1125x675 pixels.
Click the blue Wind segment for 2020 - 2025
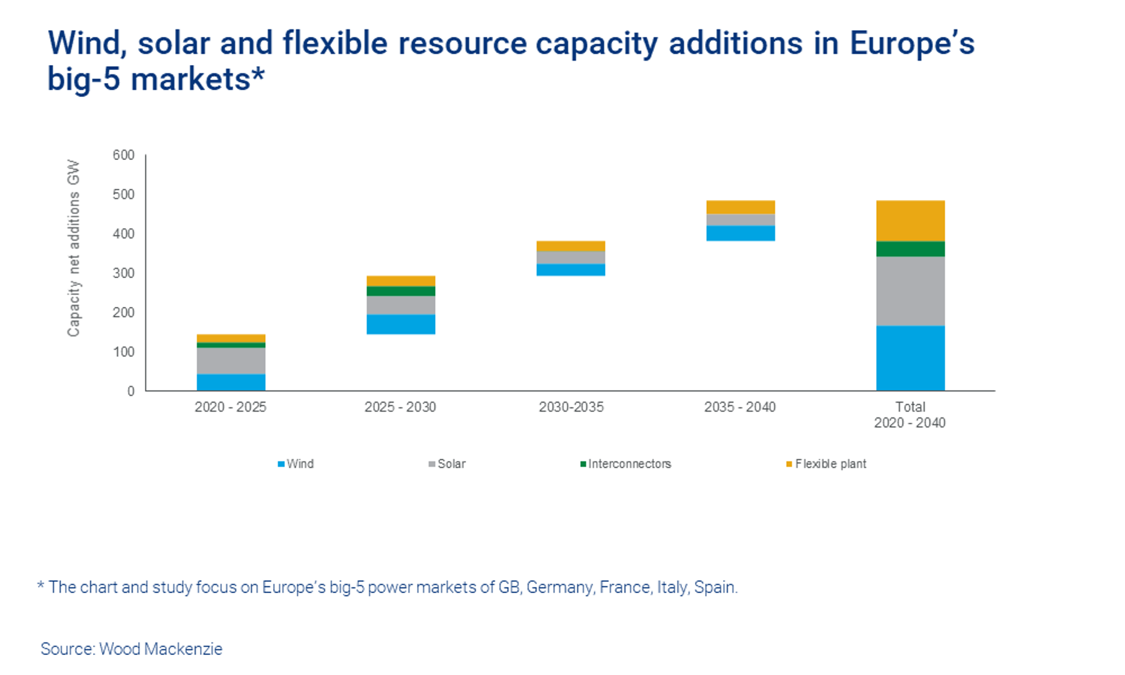click(x=231, y=382)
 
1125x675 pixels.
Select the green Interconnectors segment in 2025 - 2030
click(x=401, y=291)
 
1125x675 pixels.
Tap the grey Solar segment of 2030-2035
click(x=571, y=257)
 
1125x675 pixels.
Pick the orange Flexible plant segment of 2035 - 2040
click(x=740, y=207)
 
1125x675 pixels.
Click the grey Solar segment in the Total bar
click(x=910, y=291)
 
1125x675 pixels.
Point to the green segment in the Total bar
click(x=910, y=249)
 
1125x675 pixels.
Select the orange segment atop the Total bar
click(x=910, y=221)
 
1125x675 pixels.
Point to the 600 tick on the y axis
click(x=124, y=155)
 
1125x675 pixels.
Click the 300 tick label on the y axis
click(x=124, y=273)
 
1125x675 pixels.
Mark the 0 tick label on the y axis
click(x=131, y=391)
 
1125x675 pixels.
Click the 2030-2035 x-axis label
click(x=571, y=407)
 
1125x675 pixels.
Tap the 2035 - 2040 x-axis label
click(x=740, y=407)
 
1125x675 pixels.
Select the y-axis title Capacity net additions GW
click(x=74, y=248)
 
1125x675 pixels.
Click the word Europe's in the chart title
click(x=912, y=44)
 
